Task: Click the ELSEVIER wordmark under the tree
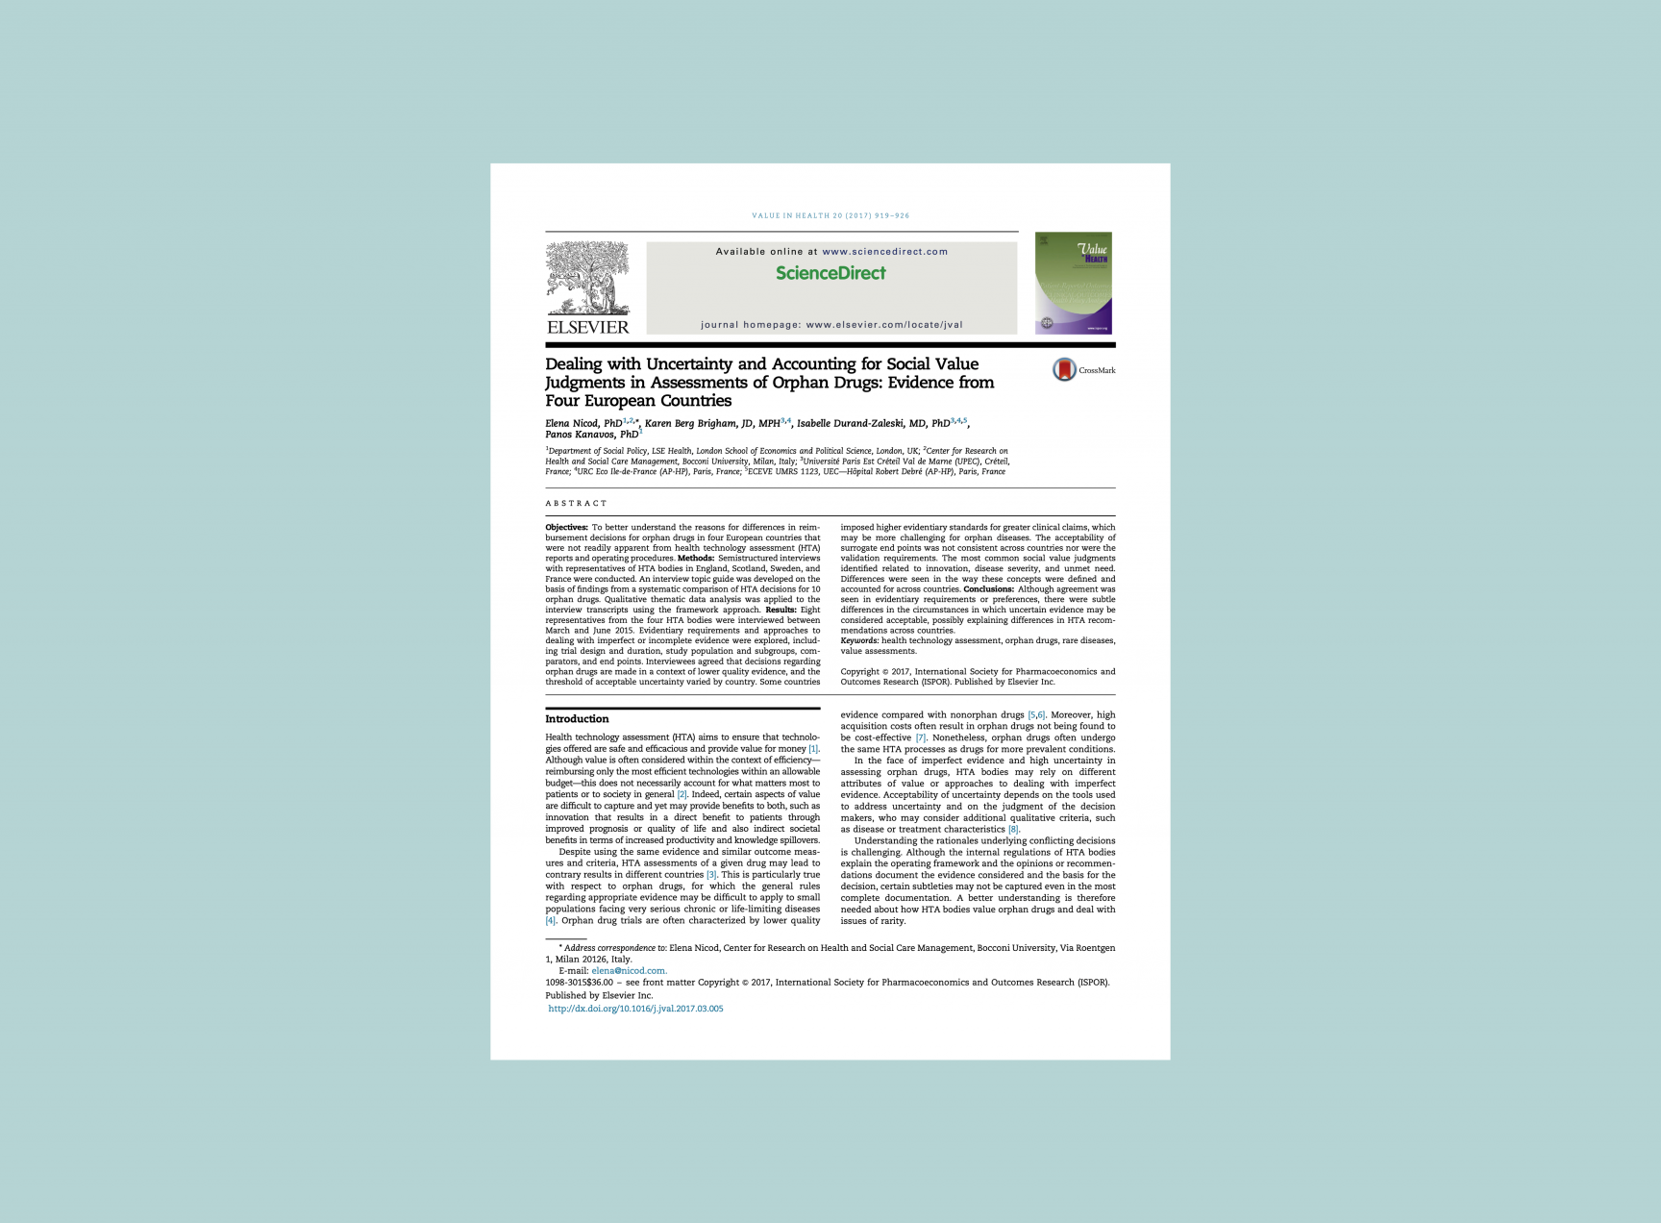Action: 587,327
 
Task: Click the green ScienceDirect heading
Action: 830,273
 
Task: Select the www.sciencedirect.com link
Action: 884,252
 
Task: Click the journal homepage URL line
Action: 831,325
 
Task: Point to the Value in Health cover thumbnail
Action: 1073,283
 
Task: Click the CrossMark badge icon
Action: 1064,370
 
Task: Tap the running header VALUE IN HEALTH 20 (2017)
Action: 830,216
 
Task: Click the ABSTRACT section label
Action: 577,504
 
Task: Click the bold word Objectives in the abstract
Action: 566,527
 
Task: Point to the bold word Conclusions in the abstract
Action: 988,589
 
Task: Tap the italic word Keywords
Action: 859,640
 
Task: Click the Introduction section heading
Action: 577,719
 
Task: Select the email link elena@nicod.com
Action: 629,971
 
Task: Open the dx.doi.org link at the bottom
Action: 635,1009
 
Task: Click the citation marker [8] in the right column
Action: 1013,830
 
